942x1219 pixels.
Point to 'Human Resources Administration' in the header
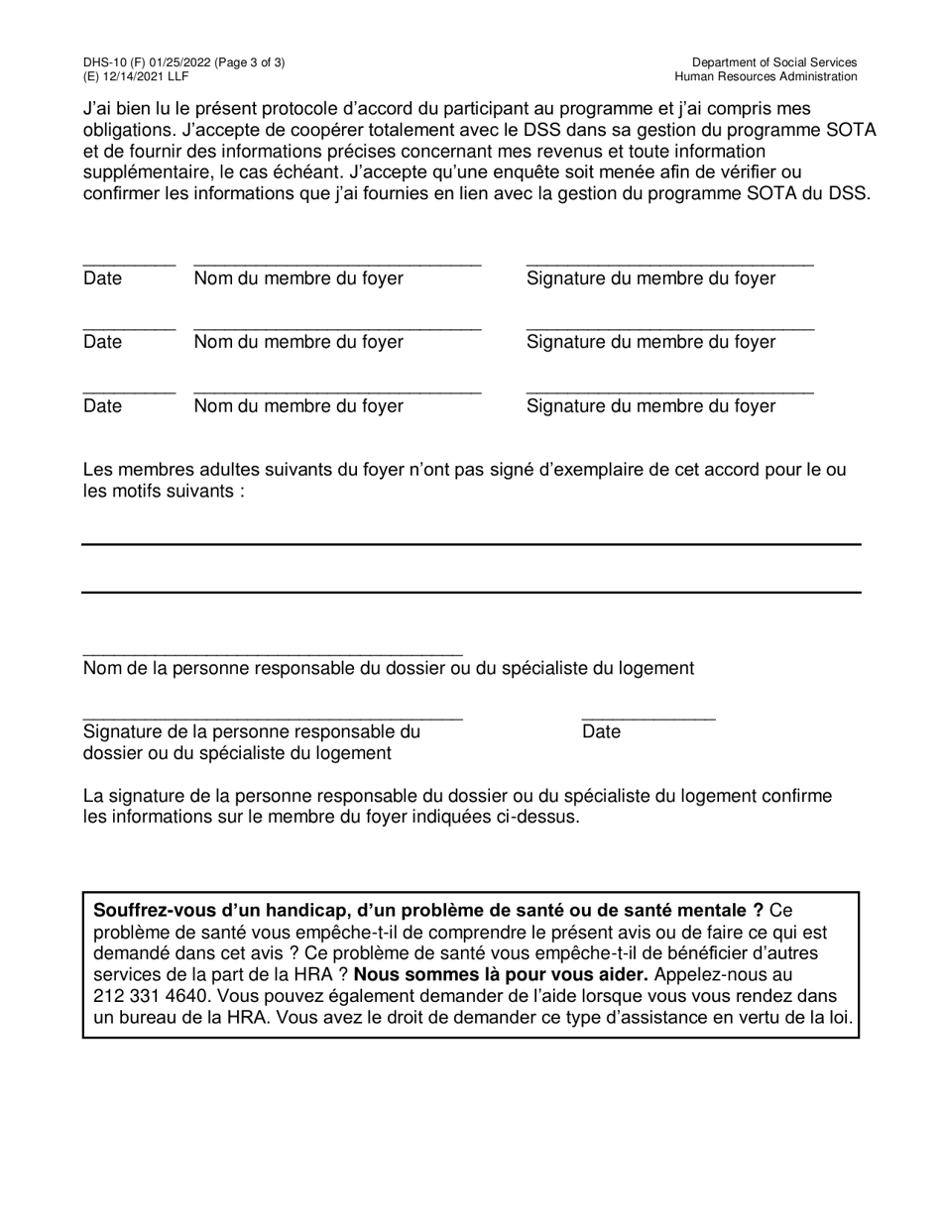[765, 76]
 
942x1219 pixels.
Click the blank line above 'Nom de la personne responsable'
[273, 655]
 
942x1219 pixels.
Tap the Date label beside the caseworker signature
[601, 731]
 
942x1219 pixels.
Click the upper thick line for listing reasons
[470, 544]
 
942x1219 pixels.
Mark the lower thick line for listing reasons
[470, 593]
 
